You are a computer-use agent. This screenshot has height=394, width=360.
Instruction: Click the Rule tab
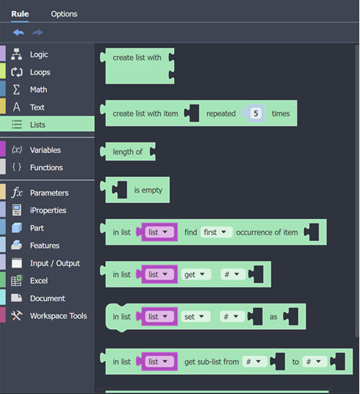20,14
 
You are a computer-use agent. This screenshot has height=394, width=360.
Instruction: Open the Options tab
64,14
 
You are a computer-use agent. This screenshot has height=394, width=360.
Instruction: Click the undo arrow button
18,32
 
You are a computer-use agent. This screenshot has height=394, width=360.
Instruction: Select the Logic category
39,54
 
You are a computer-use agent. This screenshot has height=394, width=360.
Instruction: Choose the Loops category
40,72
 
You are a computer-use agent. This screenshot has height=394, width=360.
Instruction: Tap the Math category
38,90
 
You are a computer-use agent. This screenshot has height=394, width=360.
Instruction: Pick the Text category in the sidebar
37,107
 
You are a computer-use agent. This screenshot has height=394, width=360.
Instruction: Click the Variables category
46,150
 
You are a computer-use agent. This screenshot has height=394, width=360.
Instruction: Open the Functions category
46,168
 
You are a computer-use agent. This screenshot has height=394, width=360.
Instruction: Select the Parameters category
49,193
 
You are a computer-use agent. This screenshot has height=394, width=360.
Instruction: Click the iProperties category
48,210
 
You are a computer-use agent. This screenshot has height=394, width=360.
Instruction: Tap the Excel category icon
17,281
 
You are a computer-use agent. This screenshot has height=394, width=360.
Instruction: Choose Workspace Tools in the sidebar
59,316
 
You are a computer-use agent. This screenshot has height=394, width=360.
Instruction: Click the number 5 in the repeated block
256,113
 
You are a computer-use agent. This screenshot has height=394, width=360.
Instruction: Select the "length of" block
128,151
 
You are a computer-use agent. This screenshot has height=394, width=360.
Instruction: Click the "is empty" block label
148,190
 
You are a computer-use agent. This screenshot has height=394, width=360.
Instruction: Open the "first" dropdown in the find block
215,232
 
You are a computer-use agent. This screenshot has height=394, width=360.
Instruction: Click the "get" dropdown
195,274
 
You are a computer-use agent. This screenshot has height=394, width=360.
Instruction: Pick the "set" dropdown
195,317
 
